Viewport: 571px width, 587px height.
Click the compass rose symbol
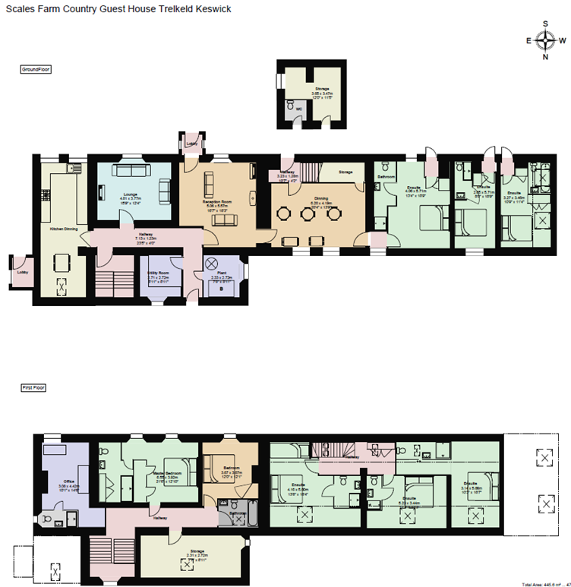[x=544, y=41]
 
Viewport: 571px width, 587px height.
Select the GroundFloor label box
[x=36, y=69]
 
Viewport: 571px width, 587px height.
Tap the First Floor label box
[x=33, y=387]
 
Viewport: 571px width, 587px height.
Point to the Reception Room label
[x=217, y=179]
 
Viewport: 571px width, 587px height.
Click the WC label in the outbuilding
[x=298, y=109]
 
